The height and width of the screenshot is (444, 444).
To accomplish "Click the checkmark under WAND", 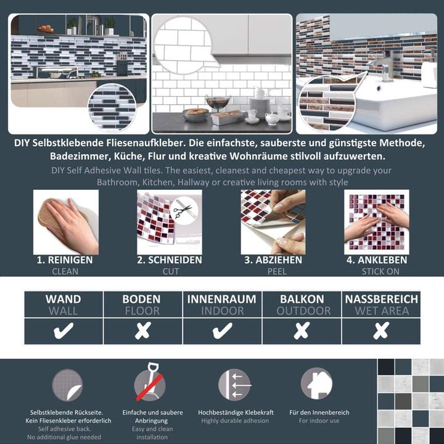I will pos(63,331).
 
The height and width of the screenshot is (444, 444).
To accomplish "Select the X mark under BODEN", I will pos(142,331).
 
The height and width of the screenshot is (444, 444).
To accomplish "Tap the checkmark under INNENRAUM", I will pos(222,331).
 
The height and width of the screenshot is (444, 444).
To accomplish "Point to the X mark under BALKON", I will pos(302,331).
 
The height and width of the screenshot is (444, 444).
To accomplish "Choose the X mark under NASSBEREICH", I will pos(381,331).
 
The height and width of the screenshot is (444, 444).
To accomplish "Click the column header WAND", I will pos(63,299).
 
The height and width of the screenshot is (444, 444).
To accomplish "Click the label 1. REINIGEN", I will pos(65,260).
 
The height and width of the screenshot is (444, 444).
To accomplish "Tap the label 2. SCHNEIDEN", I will pos(169,260).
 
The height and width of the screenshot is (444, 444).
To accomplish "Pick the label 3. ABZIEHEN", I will pos(273,260).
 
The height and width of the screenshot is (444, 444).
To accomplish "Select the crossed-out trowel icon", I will pos(149,385).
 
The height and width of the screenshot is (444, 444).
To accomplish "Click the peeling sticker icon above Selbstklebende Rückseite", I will pos(67,385).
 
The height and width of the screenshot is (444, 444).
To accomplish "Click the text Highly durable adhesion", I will pos(235,421).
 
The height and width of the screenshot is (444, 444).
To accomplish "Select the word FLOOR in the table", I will pos(142,311).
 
